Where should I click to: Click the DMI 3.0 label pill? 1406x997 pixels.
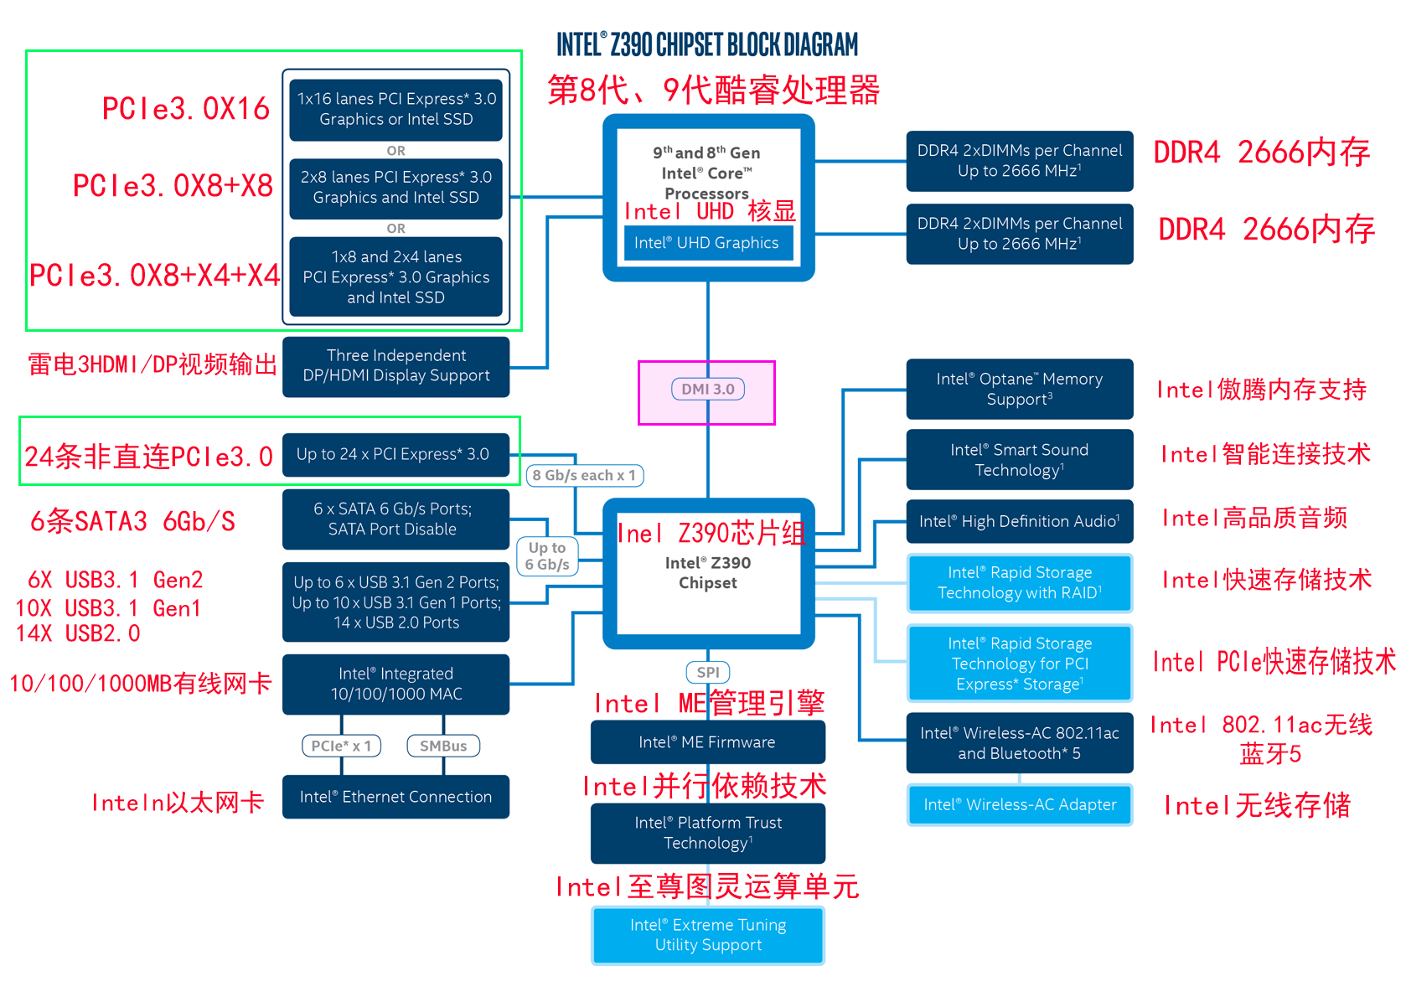pyautogui.click(x=708, y=389)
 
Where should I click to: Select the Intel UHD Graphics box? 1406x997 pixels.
pyautogui.click(x=707, y=243)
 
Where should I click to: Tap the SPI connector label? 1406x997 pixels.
pyautogui.click(x=708, y=672)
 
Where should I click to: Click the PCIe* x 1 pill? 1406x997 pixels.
pyautogui.click(x=341, y=746)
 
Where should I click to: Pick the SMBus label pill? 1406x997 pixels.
pyautogui.click(x=443, y=746)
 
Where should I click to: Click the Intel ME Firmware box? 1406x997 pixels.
pyautogui.click(x=707, y=742)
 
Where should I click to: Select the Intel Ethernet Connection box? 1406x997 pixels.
pyautogui.click(x=395, y=797)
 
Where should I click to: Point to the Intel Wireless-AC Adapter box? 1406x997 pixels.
pyautogui.click(x=1020, y=804)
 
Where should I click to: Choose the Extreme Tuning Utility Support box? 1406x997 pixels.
pyautogui.click(x=708, y=935)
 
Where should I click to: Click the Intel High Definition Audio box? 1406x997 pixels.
pyautogui.click(x=1020, y=521)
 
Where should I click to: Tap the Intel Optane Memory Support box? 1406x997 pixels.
pyautogui.click(x=1020, y=389)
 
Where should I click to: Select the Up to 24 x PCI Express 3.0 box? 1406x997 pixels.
pyautogui.click(x=395, y=454)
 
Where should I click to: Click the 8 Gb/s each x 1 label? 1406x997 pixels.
pyautogui.click(x=585, y=475)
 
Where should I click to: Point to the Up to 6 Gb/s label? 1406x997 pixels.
pyautogui.click(x=547, y=556)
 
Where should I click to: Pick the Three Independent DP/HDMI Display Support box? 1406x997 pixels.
pyautogui.click(x=395, y=366)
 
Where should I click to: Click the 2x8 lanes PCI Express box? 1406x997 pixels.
pyautogui.click(x=395, y=188)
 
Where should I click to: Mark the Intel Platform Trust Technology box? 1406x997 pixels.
pyautogui.click(x=707, y=833)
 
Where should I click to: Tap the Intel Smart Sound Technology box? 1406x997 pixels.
pyautogui.click(x=1020, y=460)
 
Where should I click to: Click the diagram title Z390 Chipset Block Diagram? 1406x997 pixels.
pyautogui.click(x=707, y=44)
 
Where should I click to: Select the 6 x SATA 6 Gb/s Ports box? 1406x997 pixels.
pyautogui.click(x=395, y=519)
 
